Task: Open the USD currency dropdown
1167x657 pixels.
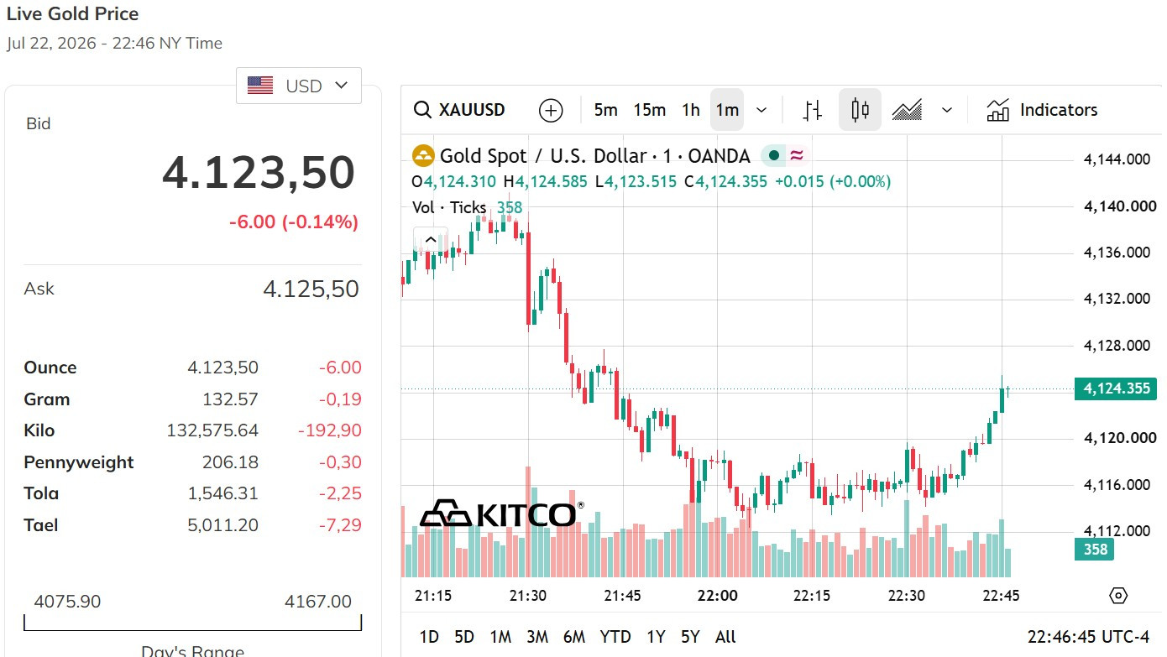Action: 299,86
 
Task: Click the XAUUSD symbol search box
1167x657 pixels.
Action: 459,110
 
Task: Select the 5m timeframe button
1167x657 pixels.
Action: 605,110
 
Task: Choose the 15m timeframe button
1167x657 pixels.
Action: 649,110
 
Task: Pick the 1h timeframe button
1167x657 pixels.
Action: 691,110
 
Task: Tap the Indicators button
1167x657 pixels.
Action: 1042,110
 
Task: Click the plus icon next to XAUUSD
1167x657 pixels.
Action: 551,111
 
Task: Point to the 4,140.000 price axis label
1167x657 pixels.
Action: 1120,206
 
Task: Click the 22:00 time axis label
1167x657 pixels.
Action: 717,596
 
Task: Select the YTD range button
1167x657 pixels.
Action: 615,637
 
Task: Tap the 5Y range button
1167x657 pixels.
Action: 690,637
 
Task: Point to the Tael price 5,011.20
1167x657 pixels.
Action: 222,524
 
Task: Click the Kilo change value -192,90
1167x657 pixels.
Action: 329,430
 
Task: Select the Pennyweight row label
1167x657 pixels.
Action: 79,461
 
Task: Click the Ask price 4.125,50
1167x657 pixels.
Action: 311,289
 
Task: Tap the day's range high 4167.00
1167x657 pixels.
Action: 318,602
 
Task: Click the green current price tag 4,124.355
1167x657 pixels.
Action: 1116,388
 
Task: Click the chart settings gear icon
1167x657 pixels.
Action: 1118,595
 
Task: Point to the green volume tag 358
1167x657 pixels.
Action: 1094,550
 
